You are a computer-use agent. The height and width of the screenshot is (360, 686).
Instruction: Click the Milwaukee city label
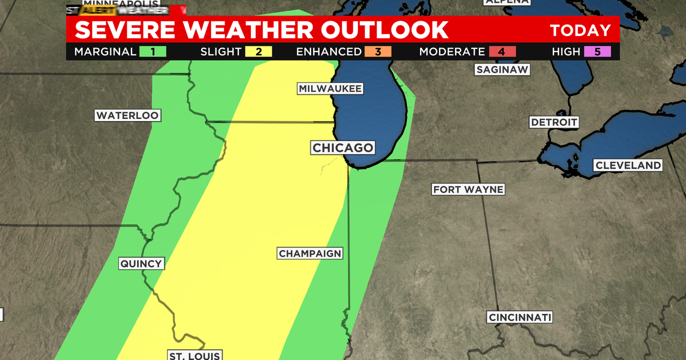tap(330, 89)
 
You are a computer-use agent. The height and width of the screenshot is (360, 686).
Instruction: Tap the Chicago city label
tap(342, 148)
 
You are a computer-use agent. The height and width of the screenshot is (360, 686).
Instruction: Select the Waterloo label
tap(127, 115)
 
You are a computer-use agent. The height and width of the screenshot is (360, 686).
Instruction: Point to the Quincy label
tap(142, 263)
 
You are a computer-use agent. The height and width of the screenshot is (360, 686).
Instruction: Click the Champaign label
tap(310, 253)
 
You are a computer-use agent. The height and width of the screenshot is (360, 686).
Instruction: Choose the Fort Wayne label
tap(468, 189)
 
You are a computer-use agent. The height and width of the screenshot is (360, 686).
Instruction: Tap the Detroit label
tap(554, 122)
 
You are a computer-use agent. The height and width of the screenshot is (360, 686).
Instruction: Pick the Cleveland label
tap(628, 165)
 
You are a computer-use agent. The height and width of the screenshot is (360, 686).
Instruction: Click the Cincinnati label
tap(520, 317)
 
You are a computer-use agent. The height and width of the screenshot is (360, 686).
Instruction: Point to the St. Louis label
tap(194, 355)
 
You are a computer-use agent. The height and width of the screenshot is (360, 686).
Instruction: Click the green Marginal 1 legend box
tap(153, 51)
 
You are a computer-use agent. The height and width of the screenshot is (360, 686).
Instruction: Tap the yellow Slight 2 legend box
tap(258, 51)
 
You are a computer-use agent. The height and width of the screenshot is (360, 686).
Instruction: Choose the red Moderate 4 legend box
tap(502, 51)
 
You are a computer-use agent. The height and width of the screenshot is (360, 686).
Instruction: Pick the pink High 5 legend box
tap(598, 51)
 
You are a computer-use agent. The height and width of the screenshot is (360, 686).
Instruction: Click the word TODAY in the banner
tap(580, 30)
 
